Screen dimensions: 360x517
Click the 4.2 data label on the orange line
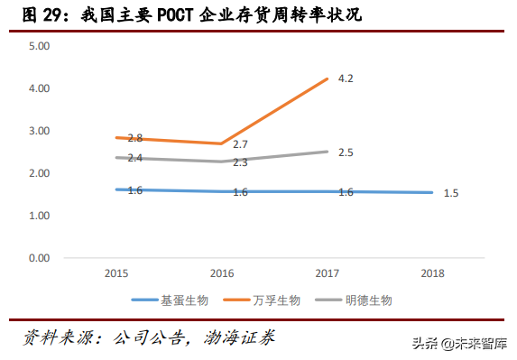(345, 78)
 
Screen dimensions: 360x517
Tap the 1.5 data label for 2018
(451, 193)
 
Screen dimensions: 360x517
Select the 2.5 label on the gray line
(345, 152)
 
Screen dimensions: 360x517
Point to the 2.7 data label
(240, 144)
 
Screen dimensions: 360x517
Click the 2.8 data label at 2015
(135, 138)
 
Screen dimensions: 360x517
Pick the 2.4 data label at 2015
(135, 158)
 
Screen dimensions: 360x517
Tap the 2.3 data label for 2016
(240, 162)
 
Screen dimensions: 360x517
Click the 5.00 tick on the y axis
(40, 46)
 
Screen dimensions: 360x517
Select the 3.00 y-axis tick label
(40, 131)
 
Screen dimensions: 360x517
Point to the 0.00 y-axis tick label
(40, 258)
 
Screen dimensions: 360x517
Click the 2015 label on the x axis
(115, 272)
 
